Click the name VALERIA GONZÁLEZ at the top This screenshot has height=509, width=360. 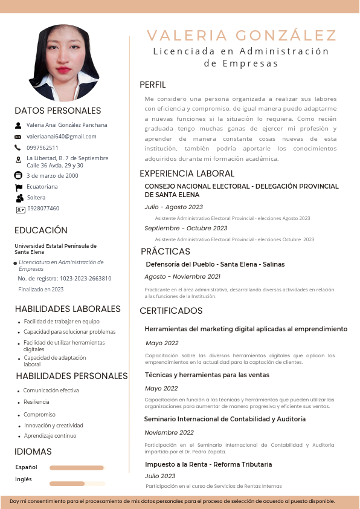tap(242, 35)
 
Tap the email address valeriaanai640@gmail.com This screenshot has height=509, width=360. tap(62, 137)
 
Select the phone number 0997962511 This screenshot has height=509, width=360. tap(43, 148)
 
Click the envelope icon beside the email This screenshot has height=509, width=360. tap(18, 137)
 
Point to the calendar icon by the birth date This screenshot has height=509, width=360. tap(18, 175)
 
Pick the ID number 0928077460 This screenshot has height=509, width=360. tap(43, 209)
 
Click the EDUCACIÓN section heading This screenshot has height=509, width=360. tap(41, 230)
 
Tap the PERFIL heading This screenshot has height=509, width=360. tap(152, 85)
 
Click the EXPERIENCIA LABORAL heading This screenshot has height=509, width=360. tap(187, 173)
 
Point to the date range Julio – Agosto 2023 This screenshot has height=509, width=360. tap(174, 207)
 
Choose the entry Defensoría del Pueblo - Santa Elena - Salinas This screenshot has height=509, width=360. tap(215, 265)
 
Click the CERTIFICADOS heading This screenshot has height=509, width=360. tap(172, 311)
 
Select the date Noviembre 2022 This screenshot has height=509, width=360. tap(169, 433)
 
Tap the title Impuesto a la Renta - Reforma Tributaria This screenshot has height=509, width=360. tap(208, 464)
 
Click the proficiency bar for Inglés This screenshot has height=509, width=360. tap(77, 484)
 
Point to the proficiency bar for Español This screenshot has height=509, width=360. tap(77, 467)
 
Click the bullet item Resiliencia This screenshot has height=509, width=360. tap(36, 402)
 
